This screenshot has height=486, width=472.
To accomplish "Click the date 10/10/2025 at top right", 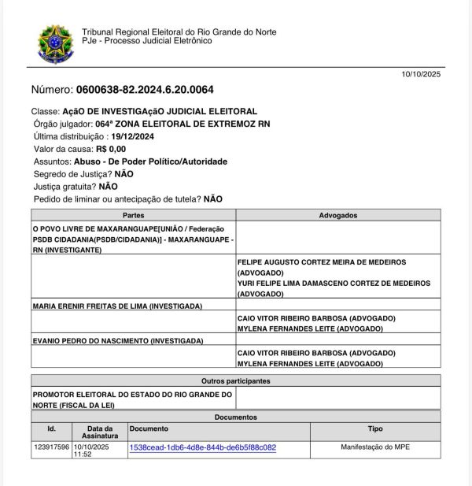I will click(x=422, y=75).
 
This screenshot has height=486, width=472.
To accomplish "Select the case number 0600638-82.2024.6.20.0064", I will click(x=144, y=90).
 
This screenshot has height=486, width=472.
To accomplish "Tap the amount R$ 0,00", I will click(x=111, y=149).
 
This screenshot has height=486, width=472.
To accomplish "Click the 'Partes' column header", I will click(x=134, y=215).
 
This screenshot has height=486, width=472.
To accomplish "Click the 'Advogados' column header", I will click(x=338, y=215).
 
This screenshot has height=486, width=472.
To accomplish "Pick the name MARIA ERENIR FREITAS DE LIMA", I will click(x=117, y=306).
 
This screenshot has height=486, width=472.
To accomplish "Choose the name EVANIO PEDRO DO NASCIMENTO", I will click(x=117, y=341).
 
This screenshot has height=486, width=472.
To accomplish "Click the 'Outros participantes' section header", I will click(x=236, y=380).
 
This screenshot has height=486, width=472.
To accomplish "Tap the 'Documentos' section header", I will click(x=236, y=417).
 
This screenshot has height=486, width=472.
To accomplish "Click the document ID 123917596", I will click(x=52, y=447).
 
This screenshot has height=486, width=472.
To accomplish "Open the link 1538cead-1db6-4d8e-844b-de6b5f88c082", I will click(x=202, y=447).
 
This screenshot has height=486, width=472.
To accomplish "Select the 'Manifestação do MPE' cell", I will click(x=375, y=447).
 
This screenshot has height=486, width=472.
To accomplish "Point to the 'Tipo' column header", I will click(x=375, y=429).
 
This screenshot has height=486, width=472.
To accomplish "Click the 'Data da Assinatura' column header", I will click(x=100, y=432).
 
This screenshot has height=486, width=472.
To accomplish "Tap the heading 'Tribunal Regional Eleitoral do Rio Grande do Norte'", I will click(x=179, y=32).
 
